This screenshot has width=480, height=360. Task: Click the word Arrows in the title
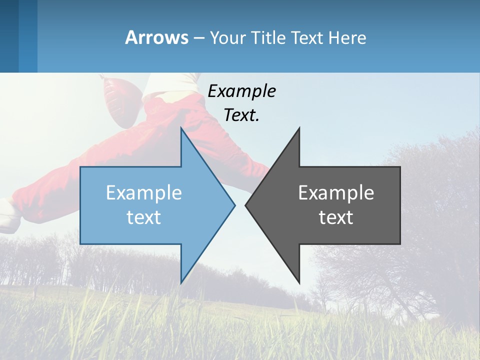coord(156,37)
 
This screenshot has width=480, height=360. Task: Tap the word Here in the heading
coord(347,38)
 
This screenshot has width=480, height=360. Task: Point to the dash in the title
coord(198,38)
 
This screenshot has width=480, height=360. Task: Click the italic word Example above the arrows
coord(241,91)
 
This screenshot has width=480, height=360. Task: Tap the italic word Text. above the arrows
coord(241,115)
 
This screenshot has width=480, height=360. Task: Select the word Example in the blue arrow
coord(144,192)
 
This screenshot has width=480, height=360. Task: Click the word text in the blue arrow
coord(144,217)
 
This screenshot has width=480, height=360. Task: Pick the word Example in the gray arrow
coord(336,192)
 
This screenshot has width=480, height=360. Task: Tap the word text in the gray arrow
coord(336,217)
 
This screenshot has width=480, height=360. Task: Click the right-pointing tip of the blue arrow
coord(234,205)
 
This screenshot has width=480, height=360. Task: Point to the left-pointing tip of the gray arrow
coord(246,205)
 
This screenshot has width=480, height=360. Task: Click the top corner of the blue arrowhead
coord(181,129)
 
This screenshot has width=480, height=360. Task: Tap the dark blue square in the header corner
coord(9,36)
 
